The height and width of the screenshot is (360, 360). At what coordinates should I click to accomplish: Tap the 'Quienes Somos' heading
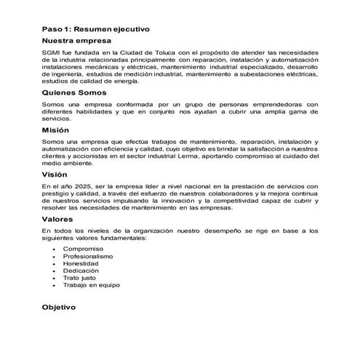coord(75,93)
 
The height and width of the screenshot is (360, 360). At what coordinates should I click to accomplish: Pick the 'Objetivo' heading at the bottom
coord(63,307)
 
